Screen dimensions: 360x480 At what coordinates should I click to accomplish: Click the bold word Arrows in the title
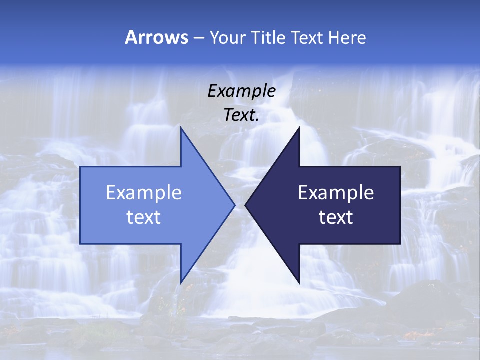click(x=157, y=37)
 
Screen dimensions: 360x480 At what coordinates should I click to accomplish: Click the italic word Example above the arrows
click(x=241, y=91)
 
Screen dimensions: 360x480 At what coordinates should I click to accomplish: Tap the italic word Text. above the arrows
click(x=241, y=115)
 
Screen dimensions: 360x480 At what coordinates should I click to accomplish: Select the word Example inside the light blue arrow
click(x=144, y=193)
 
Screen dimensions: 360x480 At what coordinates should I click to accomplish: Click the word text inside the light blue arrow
click(x=144, y=217)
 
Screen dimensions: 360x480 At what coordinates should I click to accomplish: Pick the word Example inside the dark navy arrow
click(x=336, y=193)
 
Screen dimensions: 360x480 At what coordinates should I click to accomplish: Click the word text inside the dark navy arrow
click(x=336, y=217)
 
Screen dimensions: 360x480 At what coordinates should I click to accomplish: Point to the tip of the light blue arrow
click(x=234, y=205)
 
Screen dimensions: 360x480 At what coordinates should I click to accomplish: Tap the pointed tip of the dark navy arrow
click(x=245, y=205)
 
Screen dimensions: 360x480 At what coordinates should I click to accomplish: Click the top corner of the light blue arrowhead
click(x=181, y=128)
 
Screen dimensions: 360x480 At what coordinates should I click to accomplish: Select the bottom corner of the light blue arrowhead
click(x=181, y=282)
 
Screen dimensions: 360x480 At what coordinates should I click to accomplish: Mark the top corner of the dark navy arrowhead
click(x=299, y=128)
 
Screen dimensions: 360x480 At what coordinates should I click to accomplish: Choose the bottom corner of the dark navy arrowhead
click(x=299, y=282)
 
